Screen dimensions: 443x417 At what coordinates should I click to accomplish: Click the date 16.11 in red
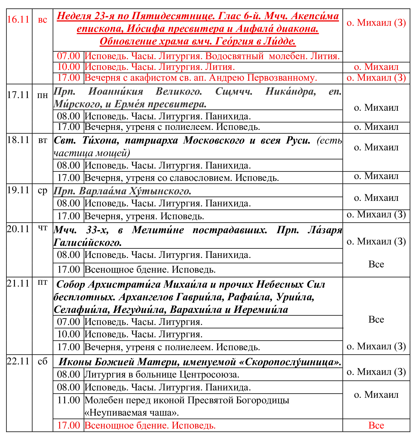tap(18, 20)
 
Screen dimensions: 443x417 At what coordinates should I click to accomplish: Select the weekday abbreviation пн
tap(43, 95)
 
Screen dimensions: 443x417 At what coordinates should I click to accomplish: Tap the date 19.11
tap(18, 190)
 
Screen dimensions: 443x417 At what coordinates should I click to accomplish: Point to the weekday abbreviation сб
tap(43, 361)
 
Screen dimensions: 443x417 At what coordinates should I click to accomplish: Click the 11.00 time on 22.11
tap(69, 400)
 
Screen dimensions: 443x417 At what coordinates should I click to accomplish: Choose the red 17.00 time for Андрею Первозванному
tap(69, 78)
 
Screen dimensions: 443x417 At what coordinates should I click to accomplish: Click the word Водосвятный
tap(234, 56)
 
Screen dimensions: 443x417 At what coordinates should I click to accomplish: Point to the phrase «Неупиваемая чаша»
tap(132, 413)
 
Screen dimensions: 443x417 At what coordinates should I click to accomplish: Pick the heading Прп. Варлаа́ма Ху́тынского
tap(122, 191)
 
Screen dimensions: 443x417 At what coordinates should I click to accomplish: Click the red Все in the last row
tap(376, 425)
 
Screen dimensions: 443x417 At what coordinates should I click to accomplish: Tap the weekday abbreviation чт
tap(43, 228)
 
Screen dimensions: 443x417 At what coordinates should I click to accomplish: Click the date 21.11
tap(18, 283)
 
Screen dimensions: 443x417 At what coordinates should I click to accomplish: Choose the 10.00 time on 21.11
tap(69, 334)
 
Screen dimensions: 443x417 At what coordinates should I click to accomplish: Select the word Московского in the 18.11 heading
tap(214, 140)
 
